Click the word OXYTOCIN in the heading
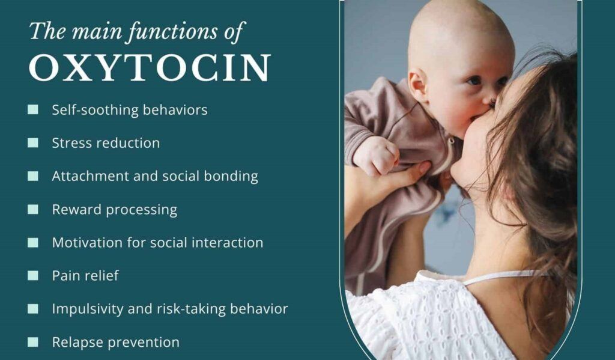tap(150, 67)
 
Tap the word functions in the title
tap(172, 31)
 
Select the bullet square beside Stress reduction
tap(33, 142)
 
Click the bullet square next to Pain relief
tap(33, 276)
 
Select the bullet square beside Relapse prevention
tap(33, 343)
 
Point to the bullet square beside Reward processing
tap(33, 209)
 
